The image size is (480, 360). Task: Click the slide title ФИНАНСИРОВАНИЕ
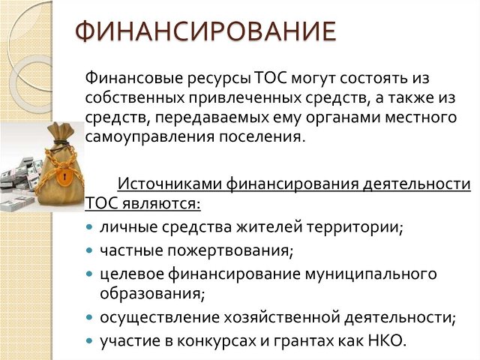205,31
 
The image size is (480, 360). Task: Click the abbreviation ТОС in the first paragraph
270,78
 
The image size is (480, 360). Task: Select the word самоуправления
150,136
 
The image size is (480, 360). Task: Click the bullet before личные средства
89,227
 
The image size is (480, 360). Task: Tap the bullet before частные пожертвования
89,250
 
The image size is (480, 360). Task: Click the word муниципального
370,274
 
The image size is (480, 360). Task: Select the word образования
152,293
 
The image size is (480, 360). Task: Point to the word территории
355,227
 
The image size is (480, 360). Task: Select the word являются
161,203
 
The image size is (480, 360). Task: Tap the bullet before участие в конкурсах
89,340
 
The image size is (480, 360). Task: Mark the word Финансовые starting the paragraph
134,78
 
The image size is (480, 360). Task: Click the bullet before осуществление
89,317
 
